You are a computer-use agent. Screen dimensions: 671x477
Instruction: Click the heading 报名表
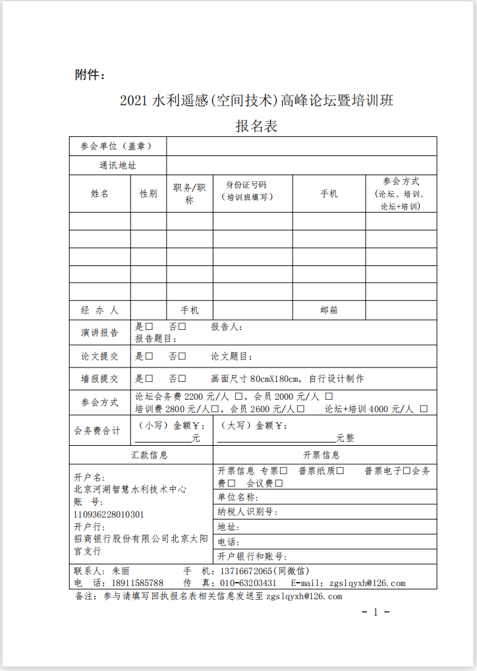point(256,126)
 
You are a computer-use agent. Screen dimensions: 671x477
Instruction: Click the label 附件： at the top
point(90,75)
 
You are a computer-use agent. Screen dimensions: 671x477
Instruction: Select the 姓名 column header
point(100,194)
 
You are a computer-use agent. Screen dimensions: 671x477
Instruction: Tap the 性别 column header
point(148,194)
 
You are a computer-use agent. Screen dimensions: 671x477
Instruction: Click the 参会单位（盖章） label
point(117,146)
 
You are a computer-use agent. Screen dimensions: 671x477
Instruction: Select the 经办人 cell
point(100,310)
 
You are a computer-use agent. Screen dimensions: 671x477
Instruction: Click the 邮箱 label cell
point(329,310)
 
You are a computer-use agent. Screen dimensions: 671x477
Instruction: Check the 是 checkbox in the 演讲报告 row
point(150,327)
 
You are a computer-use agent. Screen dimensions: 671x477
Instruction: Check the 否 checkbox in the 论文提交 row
point(182,356)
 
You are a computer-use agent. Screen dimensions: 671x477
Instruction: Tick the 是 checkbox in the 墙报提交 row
point(150,379)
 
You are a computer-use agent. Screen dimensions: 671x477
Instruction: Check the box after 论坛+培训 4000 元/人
point(423,409)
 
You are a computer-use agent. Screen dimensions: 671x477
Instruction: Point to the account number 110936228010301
point(109,514)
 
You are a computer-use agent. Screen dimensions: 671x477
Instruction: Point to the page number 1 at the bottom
point(376,612)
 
